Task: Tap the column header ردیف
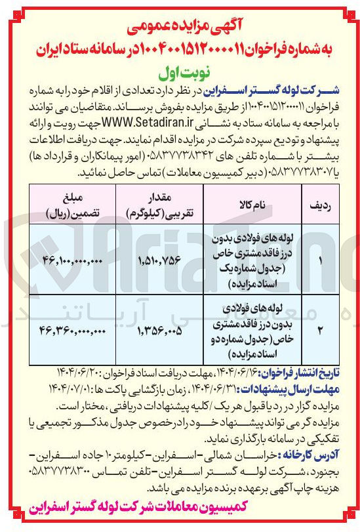[319, 205]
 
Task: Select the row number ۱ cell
[319, 260]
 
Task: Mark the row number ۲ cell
[319, 332]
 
